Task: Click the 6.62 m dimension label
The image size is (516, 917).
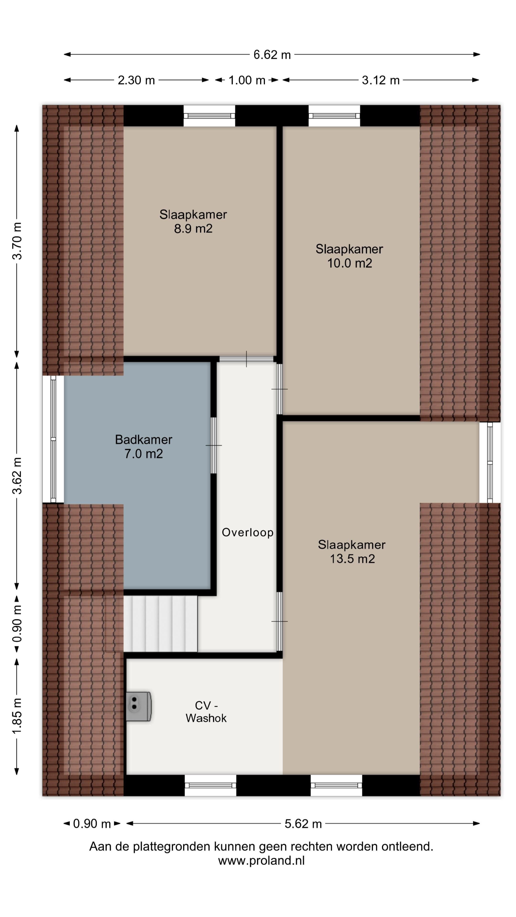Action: [x=272, y=55]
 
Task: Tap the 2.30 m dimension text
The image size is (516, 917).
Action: [x=136, y=80]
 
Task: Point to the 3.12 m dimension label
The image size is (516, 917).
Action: [x=381, y=80]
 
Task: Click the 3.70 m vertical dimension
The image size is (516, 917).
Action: [x=17, y=241]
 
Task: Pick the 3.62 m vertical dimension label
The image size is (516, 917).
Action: [x=17, y=476]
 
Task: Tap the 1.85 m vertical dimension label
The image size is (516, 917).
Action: [x=17, y=715]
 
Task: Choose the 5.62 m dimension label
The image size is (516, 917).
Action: [x=303, y=824]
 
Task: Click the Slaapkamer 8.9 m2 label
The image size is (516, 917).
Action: [x=193, y=221]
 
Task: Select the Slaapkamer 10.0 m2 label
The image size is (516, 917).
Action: [x=349, y=256]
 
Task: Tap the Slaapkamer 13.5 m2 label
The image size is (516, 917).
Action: [x=352, y=551]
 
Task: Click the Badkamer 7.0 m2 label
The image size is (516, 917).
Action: [x=144, y=446]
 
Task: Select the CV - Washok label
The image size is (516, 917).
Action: [x=206, y=712]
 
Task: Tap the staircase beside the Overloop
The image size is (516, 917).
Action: [x=161, y=624]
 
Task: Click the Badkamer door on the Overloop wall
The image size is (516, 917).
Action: [x=214, y=445]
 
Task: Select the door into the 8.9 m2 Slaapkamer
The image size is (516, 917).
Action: [x=247, y=359]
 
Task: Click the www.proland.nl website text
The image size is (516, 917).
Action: [x=261, y=861]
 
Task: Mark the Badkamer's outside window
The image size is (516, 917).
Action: [x=54, y=439]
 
